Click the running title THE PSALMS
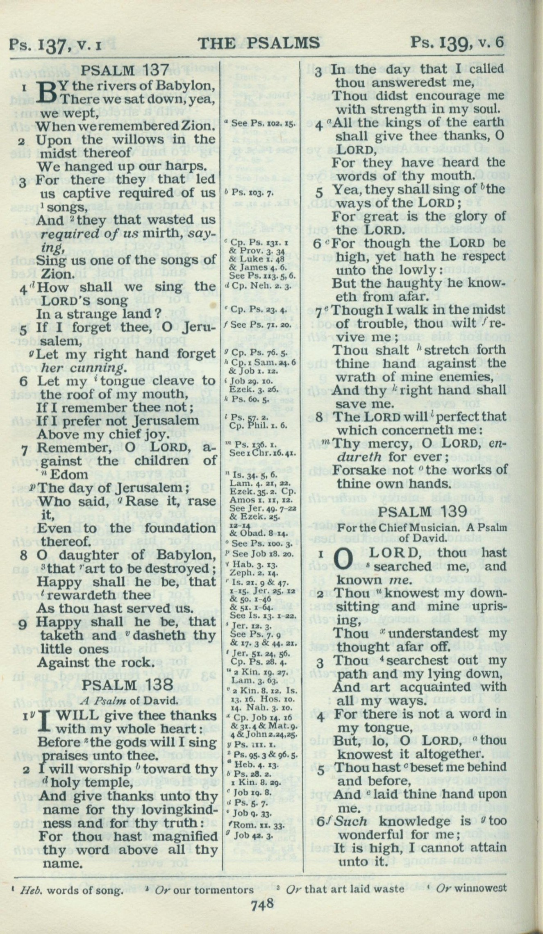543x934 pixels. click(x=258, y=43)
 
